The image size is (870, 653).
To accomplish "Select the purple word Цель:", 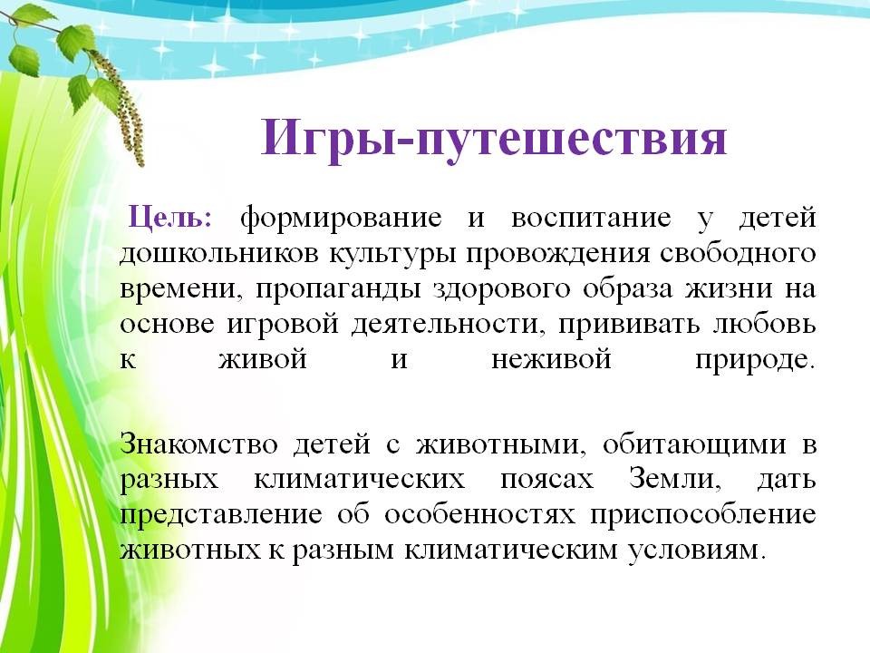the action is [x=169, y=217].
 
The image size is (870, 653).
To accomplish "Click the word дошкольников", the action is [x=219, y=254].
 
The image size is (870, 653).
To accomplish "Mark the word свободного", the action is [x=738, y=253].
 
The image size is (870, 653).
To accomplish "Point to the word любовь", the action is [x=765, y=324].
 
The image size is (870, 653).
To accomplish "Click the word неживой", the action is [x=552, y=360].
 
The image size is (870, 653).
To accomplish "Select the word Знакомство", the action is [x=199, y=444].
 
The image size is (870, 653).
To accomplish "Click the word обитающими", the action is [x=694, y=445].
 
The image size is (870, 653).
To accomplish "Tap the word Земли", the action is [x=675, y=479].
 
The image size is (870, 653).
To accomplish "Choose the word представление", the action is [x=221, y=515].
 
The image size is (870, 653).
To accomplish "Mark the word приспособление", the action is [x=703, y=515].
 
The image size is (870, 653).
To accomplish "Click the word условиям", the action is [x=696, y=551].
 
